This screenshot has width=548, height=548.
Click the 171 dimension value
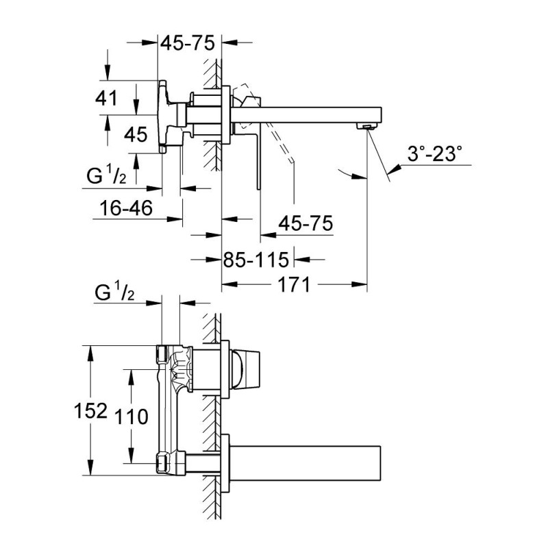(x=295, y=283)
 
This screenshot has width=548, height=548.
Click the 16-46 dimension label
(x=125, y=208)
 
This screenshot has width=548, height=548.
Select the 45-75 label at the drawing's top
(x=188, y=42)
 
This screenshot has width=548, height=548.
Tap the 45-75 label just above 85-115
(x=305, y=223)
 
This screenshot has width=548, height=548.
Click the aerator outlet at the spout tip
(x=368, y=125)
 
